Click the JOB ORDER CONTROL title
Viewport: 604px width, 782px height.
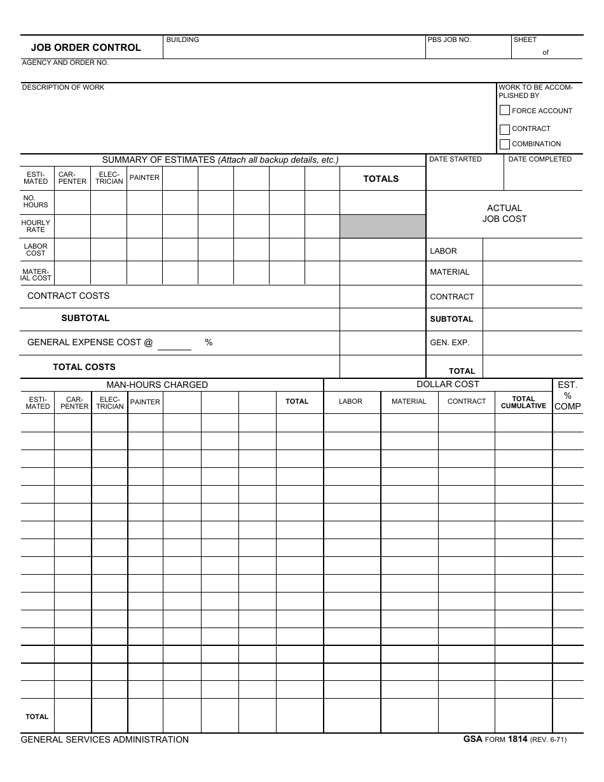pyautogui.click(x=86, y=48)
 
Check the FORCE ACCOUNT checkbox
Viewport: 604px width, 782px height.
pyautogui.click(x=505, y=110)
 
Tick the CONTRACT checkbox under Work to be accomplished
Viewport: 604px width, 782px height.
pyautogui.click(x=505, y=129)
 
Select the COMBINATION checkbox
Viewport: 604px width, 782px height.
pyautogui.click(x=505, y=144)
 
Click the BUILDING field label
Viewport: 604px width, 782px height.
pyautogui.click(x=182, y=40)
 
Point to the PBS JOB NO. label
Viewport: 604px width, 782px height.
pyautogui.click(x=449, y=40)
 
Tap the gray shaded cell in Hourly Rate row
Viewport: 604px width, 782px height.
pyautogui.click(x=382, y=226)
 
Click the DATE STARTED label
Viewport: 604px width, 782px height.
pyautogui.click(x=455, y=160)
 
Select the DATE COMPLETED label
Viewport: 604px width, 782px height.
pyautogui.click(x=540, y=160)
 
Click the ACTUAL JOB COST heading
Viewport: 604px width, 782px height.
pyautogui.click(x=504, y=214)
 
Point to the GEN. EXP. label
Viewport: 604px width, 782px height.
pyautogui.click(x=450, y=343)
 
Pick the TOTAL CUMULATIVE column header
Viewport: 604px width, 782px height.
pyautogui.click(x=523, y=402)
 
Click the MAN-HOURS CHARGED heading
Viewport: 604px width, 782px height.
pyautogui.click(x=157, y=385)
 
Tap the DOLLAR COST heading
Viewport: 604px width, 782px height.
pyautogui.click(x=448, y=384)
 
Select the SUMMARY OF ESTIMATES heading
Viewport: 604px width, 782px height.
pyautogui.click(x=220, y=160)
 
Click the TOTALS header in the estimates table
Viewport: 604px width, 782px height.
pyautogui.click(x=381, y=179)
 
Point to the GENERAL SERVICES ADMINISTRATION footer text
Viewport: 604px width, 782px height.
pyautogui.click(x=104, y=740)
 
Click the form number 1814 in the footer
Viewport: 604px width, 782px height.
pyautogui.click(x=518, y=739)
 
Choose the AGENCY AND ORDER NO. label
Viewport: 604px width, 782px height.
pyautogui.click(x=65, y=63)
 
